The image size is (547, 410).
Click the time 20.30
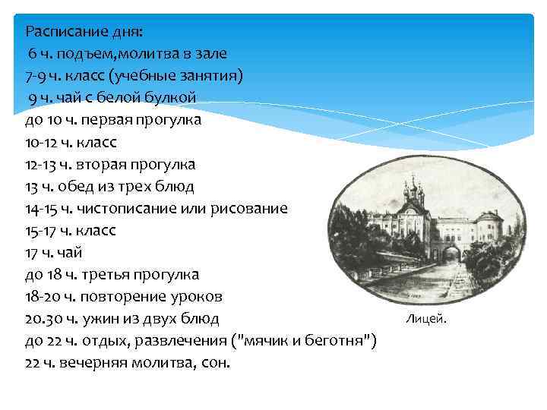tap(43, 318)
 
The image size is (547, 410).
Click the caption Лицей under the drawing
tap(427, 318)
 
